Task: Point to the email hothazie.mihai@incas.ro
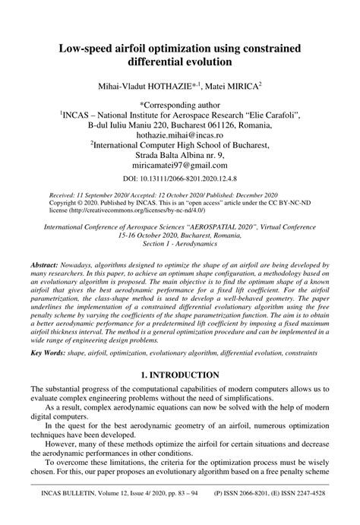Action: pyautogui.click(x=179, y=133)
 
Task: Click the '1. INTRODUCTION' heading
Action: pyautogui.click(x=179, y=375)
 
